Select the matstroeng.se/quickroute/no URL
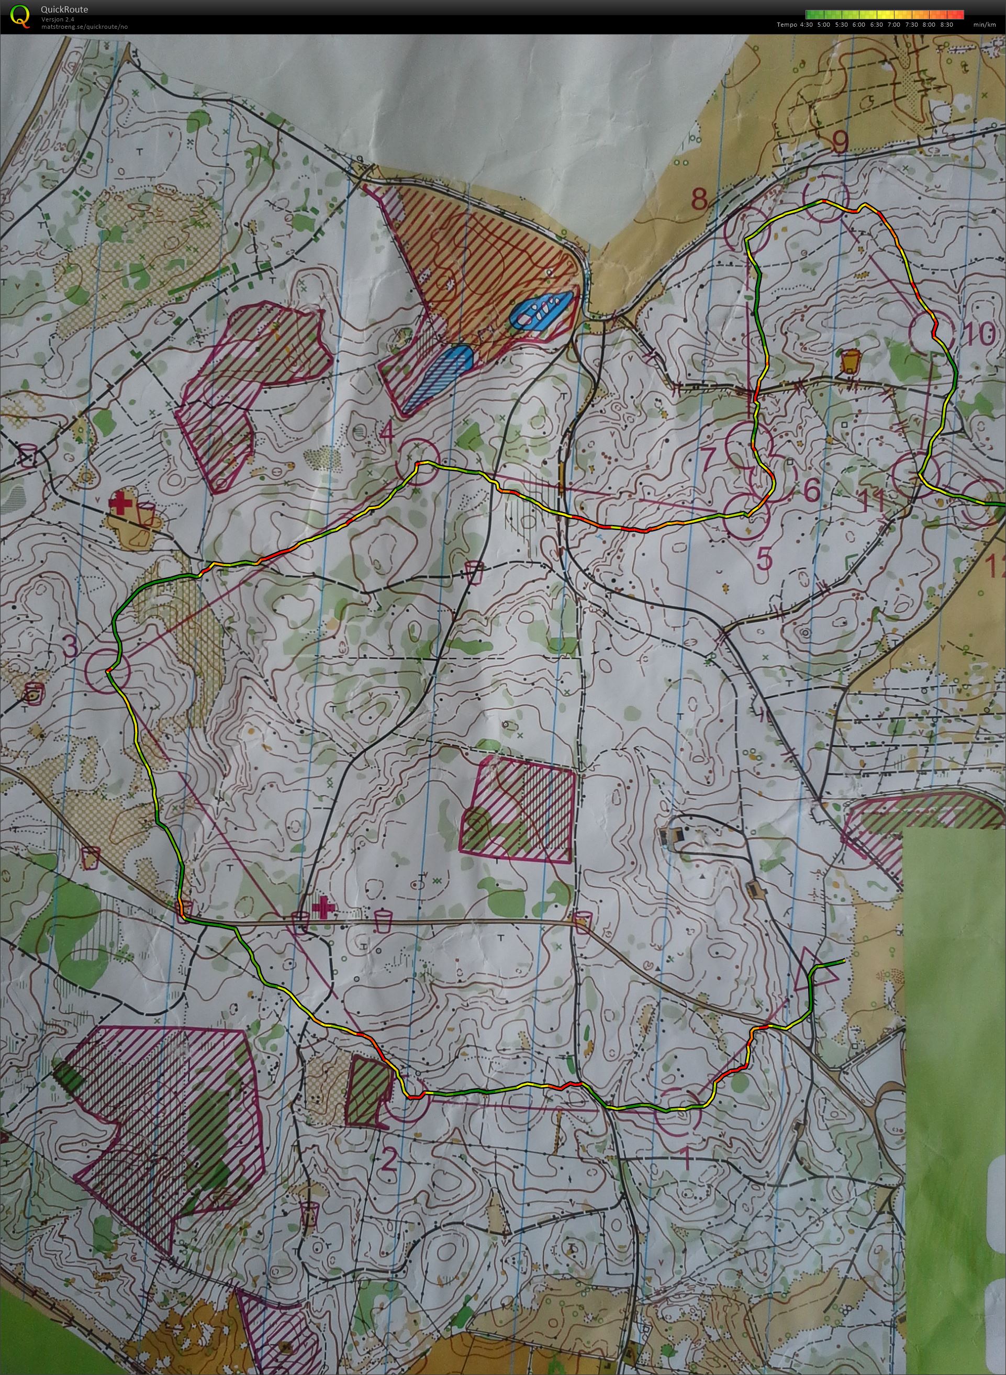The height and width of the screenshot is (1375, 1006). point(84,27)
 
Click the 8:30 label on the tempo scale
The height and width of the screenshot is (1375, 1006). point(946,25)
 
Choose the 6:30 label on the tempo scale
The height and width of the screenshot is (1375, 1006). point(878,25)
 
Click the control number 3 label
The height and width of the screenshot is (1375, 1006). point(70,647)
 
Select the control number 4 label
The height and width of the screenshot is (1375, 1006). point(386,433)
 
